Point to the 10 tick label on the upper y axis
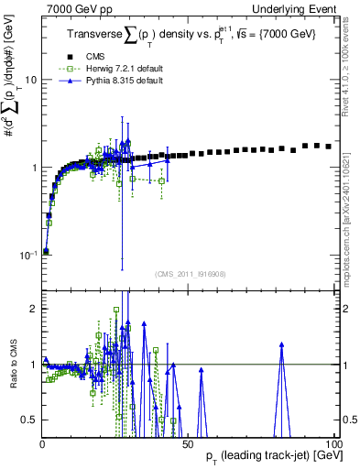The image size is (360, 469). pos(30,80)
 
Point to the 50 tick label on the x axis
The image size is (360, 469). pos(187,444)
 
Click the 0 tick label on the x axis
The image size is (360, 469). pos(43,444)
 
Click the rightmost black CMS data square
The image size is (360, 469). pos(329,146)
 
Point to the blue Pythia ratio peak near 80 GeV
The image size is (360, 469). pos(282,344)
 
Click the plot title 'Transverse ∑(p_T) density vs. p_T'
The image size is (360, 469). pos(156,35)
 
